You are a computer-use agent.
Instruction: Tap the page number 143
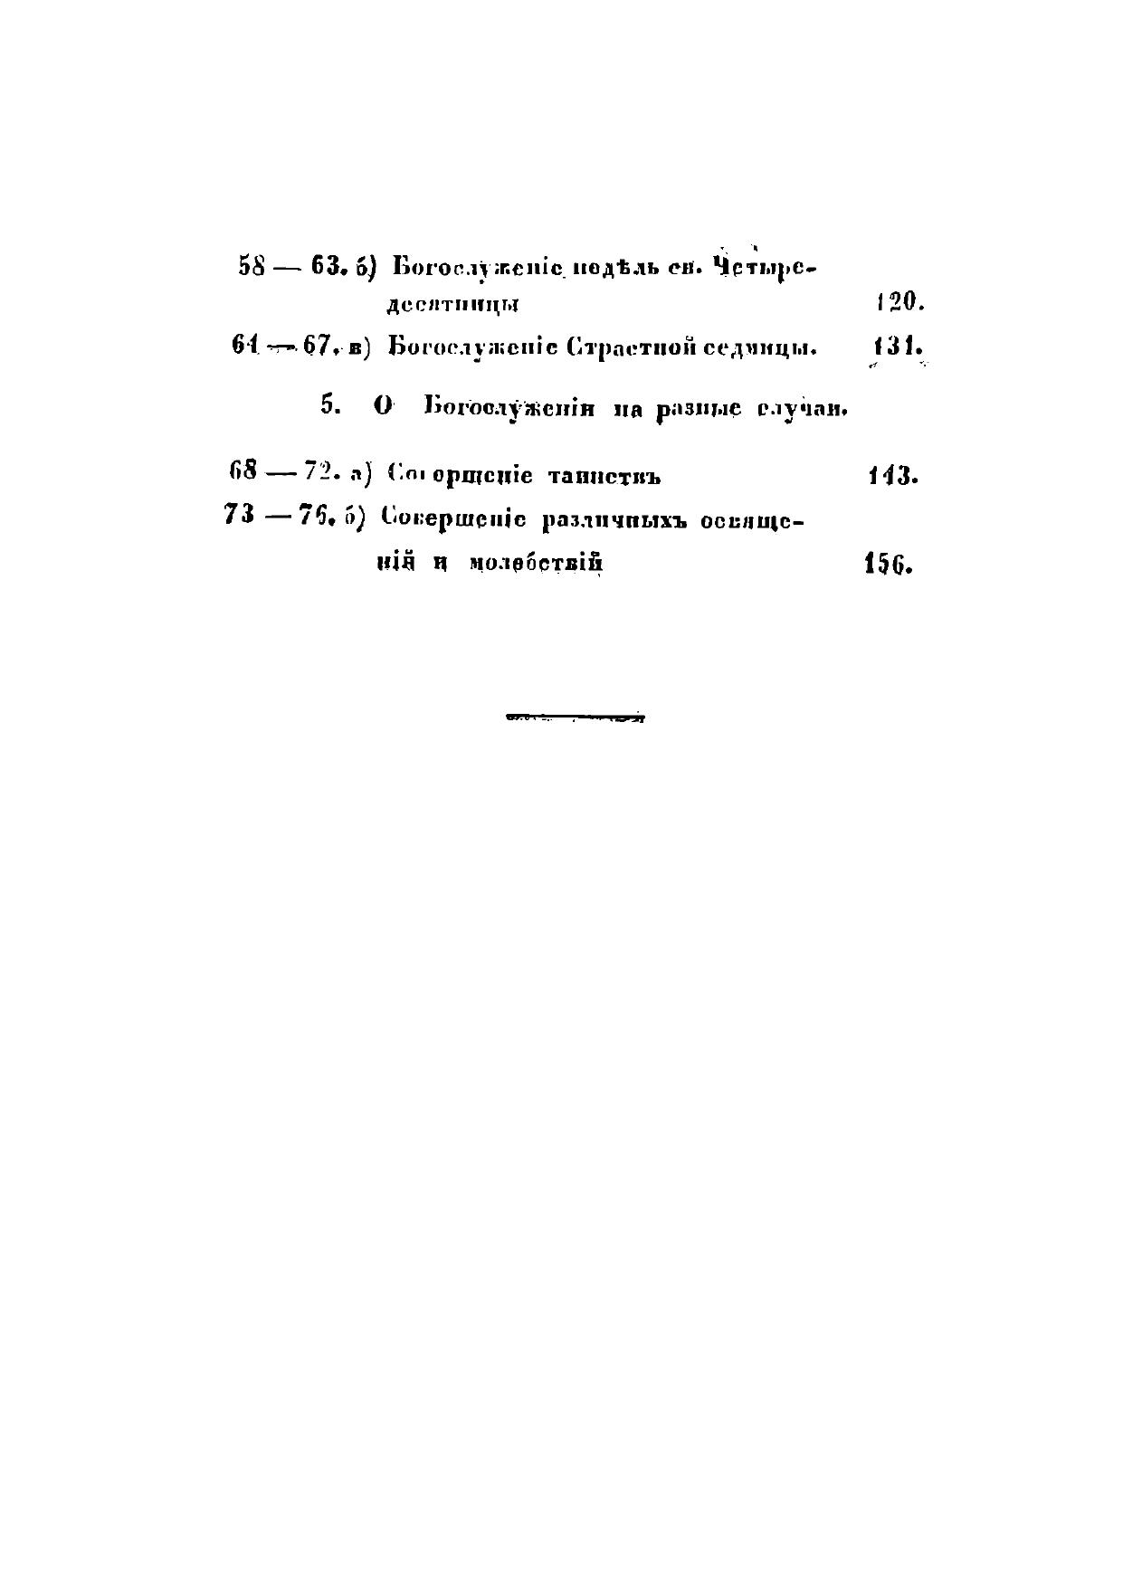pyautogui.click(x=892, y=475)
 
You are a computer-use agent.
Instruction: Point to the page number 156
pyautogui.click(x=889, y=564)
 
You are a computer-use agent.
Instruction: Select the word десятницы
pyautogui.click(x=452, y=305)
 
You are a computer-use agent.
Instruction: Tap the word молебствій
pyautogui.click(x=536, y=564)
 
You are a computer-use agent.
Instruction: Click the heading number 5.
pyautogui.click(x=330, y=406)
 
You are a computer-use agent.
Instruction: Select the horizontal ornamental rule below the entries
pyautogui.click(x=576, y=719)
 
